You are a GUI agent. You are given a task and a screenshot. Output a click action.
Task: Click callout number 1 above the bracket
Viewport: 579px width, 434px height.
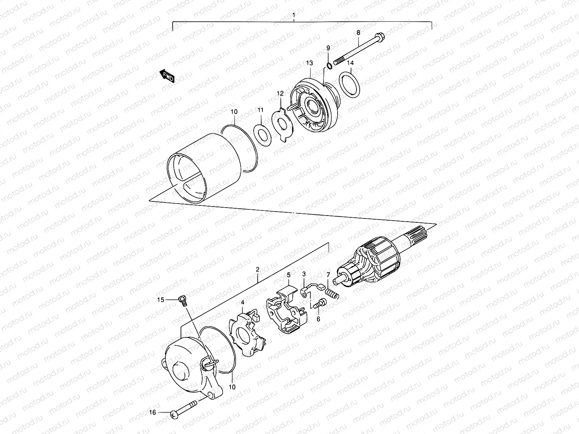click(x=294, y=16)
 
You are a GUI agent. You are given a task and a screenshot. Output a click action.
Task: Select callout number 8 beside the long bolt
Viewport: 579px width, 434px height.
click(x=358, y=33)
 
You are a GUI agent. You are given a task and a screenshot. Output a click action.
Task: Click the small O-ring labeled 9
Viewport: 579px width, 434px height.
click(x=329, y=65)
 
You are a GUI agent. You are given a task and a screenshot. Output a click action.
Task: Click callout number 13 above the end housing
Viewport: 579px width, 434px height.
click(x=309, y=63)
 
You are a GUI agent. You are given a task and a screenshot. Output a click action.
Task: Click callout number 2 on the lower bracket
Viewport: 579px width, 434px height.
click(x=257, y=269)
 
